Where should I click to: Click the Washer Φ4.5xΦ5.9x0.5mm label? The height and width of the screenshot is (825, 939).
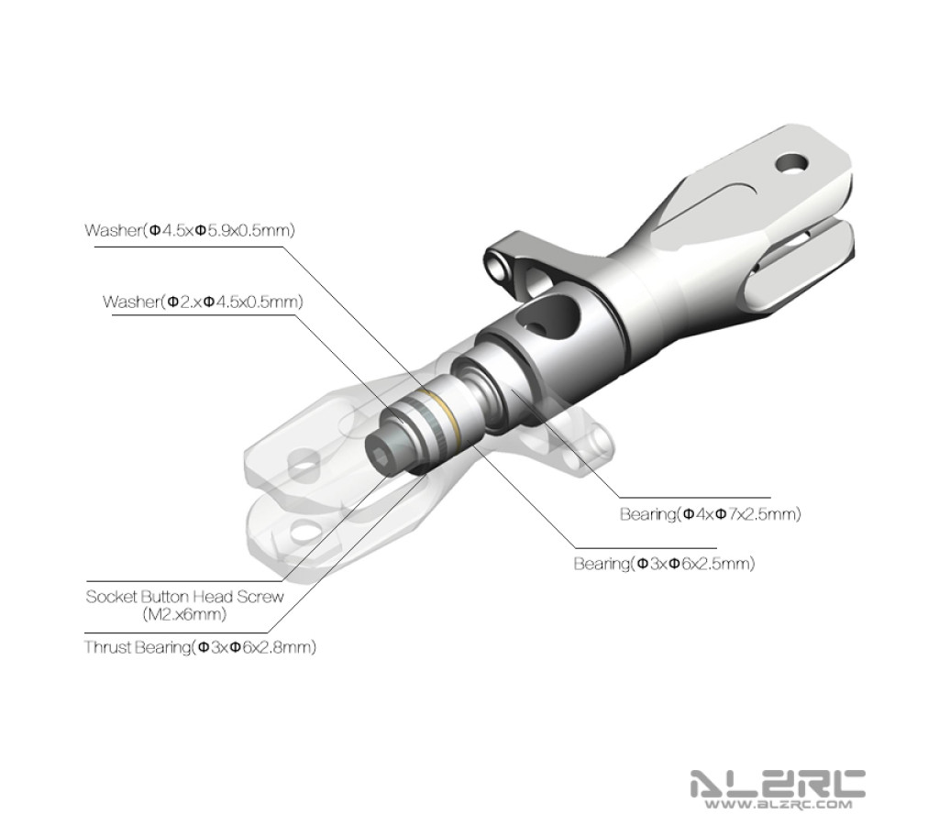point(190,230)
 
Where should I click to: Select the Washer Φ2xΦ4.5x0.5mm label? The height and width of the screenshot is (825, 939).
point(203,302)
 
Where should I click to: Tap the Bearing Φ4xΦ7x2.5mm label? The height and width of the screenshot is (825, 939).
point(711,513)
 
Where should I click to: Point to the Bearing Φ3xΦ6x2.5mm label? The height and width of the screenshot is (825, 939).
point(664,564)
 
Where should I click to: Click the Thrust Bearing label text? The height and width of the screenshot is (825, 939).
point(200,647)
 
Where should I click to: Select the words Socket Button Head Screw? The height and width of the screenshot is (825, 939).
point(184,597)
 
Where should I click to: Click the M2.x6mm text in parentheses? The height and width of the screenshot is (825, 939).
point(184,614)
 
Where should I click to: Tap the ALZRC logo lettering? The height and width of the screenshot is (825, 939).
point(778,783)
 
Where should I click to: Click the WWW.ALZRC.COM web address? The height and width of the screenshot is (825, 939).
point(778,804)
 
